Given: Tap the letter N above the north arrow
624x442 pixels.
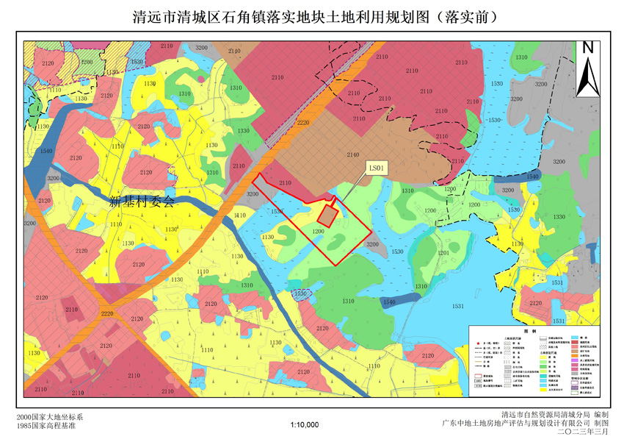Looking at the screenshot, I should click(x=587, y=47).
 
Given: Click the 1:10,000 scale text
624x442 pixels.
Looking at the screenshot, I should click(x=304, y=425).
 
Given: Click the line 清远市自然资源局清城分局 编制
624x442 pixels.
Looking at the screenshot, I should click(x=549, y=416).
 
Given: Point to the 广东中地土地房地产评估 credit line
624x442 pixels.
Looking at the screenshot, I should click(x=526, y=424).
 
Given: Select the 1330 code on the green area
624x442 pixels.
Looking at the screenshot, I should click(x=559, y=217).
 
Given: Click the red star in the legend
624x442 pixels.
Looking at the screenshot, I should click(x=476, y=343).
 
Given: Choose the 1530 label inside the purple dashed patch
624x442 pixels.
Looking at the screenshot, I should click(x=300, y=293).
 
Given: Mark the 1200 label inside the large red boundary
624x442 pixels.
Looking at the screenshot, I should click(x=318, y=231).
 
